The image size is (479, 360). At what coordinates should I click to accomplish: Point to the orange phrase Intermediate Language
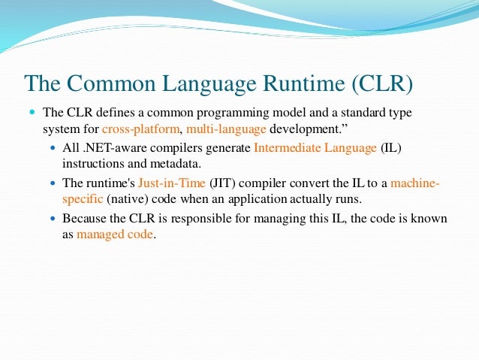tap(315, 148)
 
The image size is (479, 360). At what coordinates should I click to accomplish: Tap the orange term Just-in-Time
tap(172, 183)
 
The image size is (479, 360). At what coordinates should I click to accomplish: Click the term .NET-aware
tap(109, 148)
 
